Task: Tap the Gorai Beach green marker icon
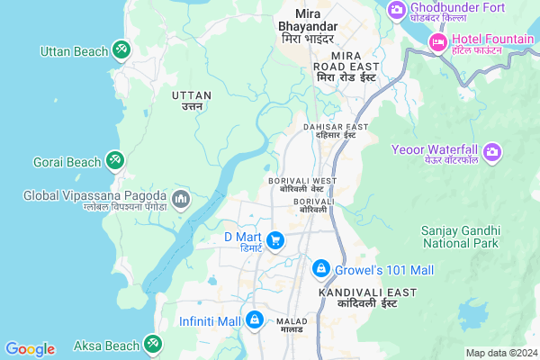[x=114, y=161]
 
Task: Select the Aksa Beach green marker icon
[x=152, y=344]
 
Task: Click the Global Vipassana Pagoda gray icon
[x=180, y=198]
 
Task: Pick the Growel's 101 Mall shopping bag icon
[x=320, y=268]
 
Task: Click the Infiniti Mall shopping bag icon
[x=256, y=320]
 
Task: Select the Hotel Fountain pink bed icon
[x=438, y=41]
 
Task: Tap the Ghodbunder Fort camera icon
[x=396, y=9]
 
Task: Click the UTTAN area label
[x=191, y=99]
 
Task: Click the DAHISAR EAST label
[x=335, y=131]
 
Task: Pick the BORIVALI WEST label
[x=302, y=184]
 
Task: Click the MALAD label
[x=292, y=326]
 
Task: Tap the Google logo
[x=29, y=349]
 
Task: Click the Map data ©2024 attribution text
[x=499, y=353]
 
